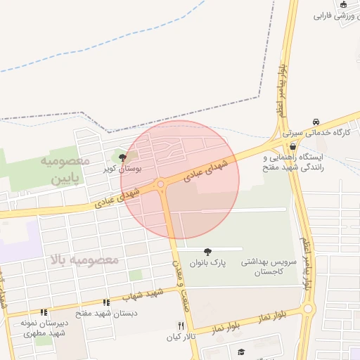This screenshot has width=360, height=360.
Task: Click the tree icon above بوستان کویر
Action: [123, 157]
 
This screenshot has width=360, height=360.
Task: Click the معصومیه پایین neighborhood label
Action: [63, 169]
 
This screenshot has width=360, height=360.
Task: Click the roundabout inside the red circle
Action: [162, 185]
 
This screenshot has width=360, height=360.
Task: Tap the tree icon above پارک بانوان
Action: [207, 251]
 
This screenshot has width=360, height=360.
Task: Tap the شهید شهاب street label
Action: [147, 294]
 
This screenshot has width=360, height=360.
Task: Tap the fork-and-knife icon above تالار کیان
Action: [181, 326]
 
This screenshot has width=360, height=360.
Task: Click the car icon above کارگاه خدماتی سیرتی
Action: [316, 122]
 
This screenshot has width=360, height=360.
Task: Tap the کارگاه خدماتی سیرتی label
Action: [316, 132]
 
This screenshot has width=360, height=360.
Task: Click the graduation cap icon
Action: [240, 352]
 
